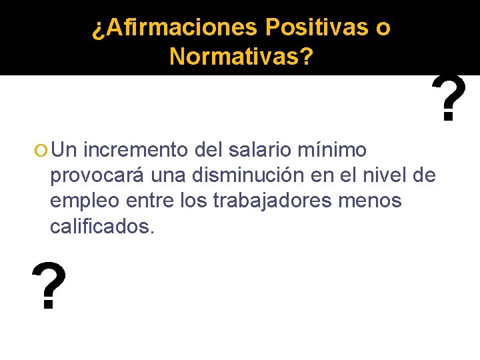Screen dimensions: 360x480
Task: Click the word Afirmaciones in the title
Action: pos(176,28)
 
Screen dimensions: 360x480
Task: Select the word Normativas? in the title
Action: pos(241,57)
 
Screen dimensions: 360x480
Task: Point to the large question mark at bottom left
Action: pos(49,287)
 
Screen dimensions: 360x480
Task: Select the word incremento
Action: pos(137,149)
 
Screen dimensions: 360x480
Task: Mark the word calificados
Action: pos(102,227)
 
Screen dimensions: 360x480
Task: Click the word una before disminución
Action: pos(168,175)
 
